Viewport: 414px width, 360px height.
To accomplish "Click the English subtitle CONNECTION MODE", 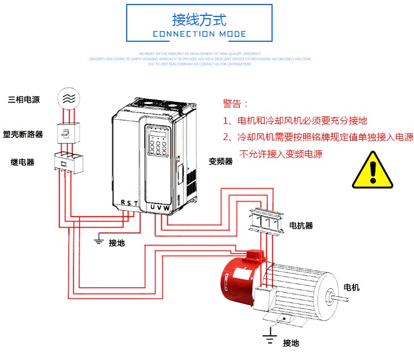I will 199,34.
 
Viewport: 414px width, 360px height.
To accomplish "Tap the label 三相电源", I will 24,99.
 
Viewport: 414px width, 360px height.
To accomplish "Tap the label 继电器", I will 23,162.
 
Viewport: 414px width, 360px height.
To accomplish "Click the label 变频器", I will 221,161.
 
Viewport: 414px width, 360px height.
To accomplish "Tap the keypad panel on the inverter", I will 159,141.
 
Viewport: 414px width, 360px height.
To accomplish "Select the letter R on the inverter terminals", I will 123,203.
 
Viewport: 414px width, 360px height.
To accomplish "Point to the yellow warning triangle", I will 372,170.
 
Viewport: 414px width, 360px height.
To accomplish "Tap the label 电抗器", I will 301,225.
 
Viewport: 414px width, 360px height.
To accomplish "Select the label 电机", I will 351,287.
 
